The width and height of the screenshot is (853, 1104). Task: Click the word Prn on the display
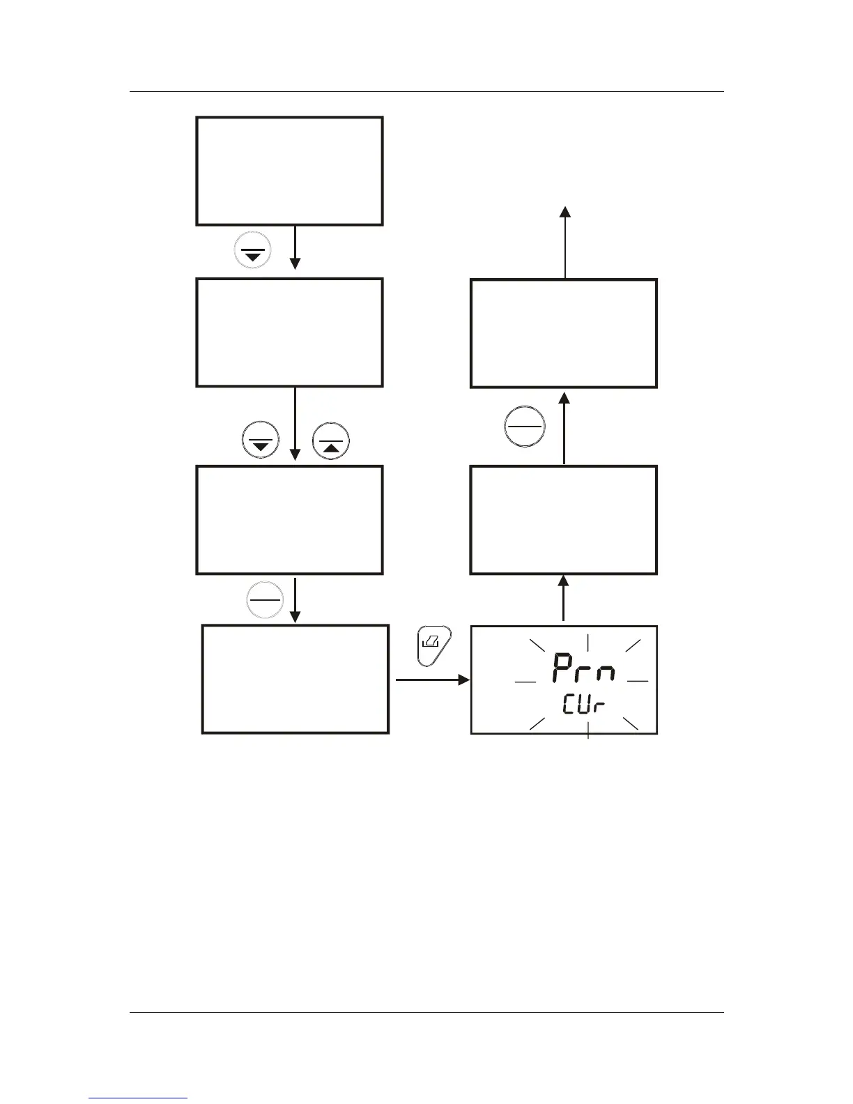[584, 669]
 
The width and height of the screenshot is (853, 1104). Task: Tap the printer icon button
[433, 647]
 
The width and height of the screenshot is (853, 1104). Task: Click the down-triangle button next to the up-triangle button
[260, 441]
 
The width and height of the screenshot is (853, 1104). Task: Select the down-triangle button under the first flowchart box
[253, 251]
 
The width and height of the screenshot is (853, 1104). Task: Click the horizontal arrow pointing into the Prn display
[432, 680]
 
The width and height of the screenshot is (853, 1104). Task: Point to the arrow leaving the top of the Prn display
[564, 598]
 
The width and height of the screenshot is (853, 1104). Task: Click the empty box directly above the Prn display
[563, 520]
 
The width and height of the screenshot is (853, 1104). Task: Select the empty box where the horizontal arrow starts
[295, 679]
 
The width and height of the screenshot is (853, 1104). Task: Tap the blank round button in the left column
[264, 599]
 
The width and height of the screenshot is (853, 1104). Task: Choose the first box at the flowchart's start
[289, 171]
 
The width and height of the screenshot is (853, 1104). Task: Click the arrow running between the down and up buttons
[295, 425]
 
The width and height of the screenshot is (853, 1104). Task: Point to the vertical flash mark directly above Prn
[589, 642]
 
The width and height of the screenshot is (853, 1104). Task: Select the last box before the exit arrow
[563, 333]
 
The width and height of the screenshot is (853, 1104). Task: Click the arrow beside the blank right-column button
[564, 427]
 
